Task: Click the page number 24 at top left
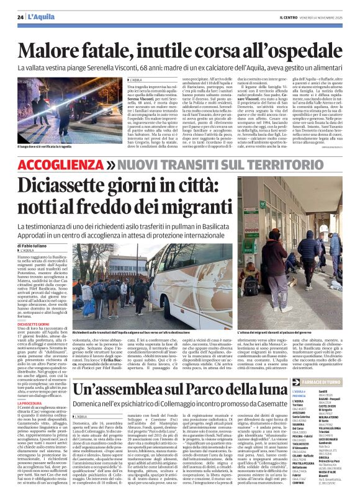[21, 17]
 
